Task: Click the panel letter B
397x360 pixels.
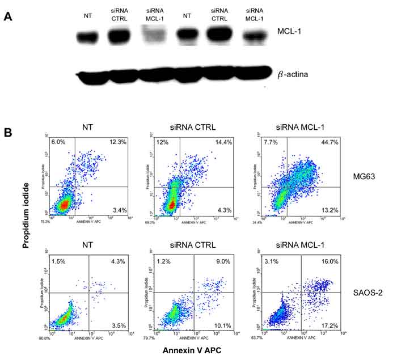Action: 7,132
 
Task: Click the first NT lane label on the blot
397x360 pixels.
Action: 86,15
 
